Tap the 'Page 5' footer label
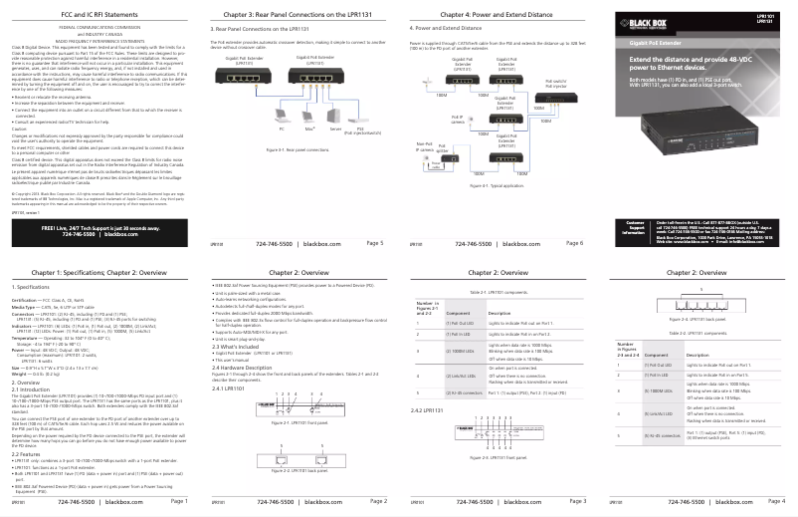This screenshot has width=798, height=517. click(x=375, y=242)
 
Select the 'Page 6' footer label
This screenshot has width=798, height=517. click(x=574, y=242)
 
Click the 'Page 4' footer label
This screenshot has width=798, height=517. click(x=773, y=500)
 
